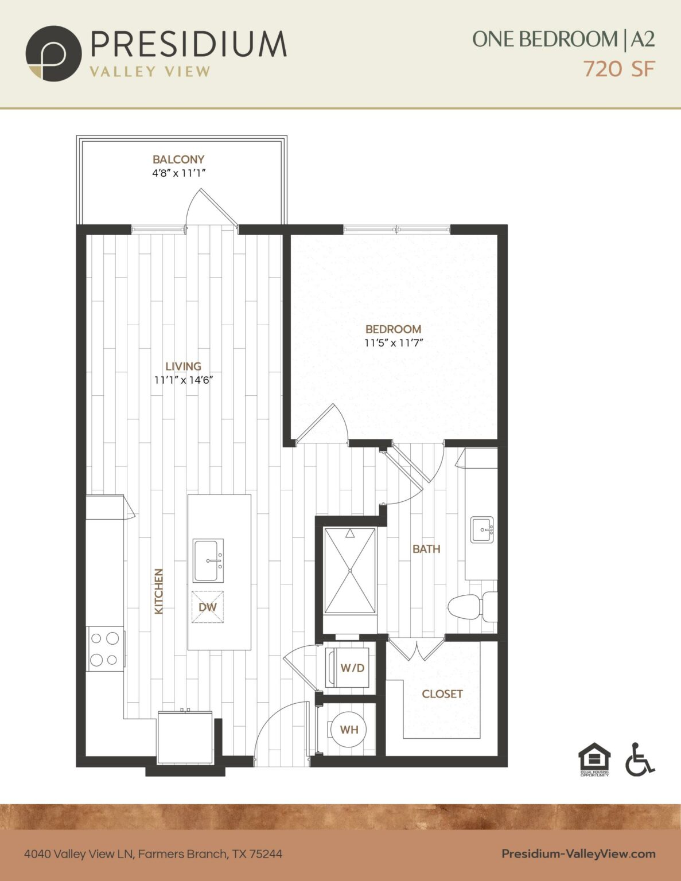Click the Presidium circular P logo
click(53, 53)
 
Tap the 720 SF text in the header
click(618, 69)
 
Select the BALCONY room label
click(178, 159)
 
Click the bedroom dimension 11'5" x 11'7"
click(394, 343)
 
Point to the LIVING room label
click(183, 366)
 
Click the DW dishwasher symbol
click(208, 607)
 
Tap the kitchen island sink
click(208, 561)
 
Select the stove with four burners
click(106, 649)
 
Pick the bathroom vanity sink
click(482, 529)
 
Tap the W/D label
click(352, 668)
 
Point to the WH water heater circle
click(349, 730)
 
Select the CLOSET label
click(442, 694)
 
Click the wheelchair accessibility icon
click(639, 759)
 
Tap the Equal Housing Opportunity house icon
click(594, 758)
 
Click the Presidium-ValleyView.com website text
click(578, 854)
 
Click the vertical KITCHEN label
click(159, 591)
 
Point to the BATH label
click(426, 549)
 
